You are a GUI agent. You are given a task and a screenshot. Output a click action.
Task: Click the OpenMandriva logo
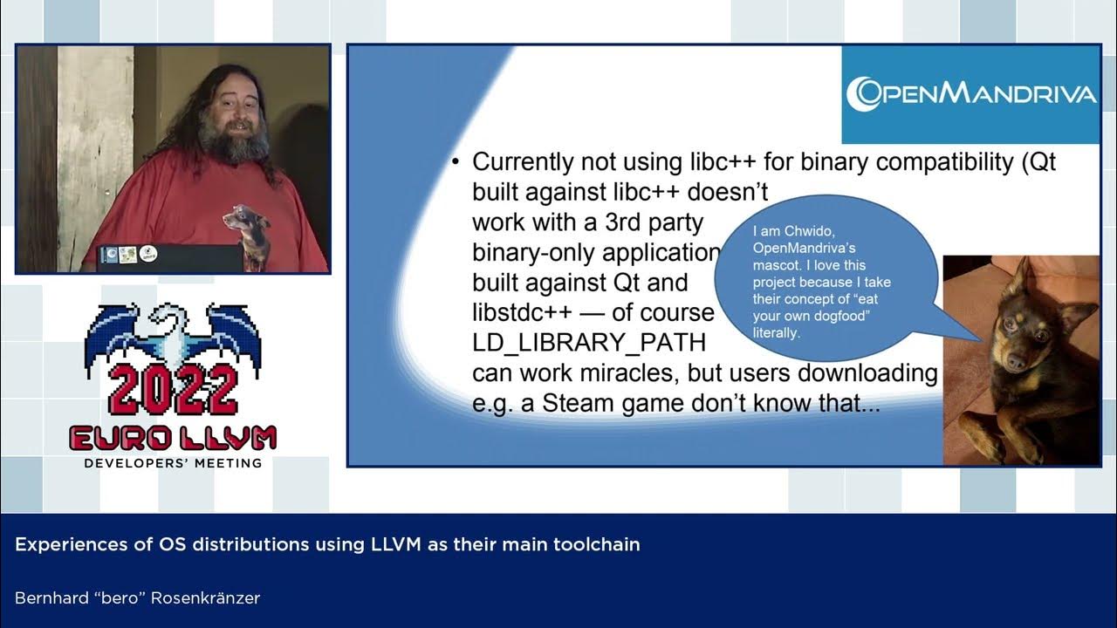pos(970,94)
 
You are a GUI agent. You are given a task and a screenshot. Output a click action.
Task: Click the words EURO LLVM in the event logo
pos(173,438)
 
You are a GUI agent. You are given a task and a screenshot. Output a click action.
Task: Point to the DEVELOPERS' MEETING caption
pos(173,462)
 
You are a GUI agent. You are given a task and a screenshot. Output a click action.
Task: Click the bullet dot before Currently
pos(456,163)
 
